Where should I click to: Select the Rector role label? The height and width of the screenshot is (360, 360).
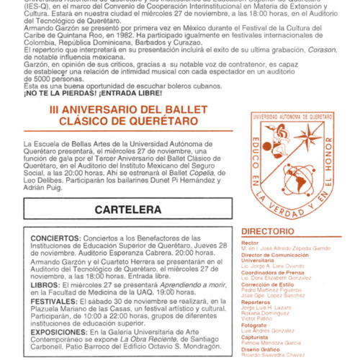251,243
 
